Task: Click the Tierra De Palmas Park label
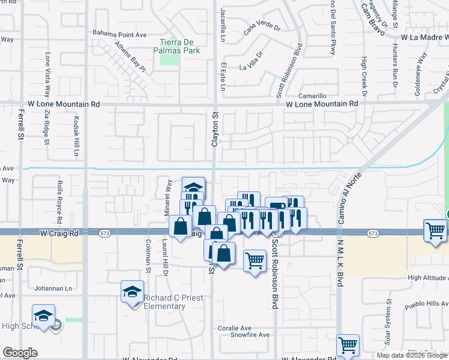pos(179,46)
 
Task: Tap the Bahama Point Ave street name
pos(119,35)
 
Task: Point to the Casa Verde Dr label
pos(262,27)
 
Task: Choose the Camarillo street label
pos(313,96)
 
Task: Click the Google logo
pos(20,353)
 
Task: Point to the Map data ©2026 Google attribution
pos(412,355)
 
